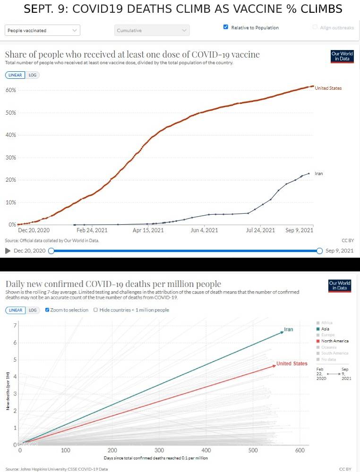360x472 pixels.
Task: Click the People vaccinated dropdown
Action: (43, 30)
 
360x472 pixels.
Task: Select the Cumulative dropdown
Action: (152, 30)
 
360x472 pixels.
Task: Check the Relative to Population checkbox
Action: (226, 27)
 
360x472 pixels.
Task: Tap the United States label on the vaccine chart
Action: (328, 88)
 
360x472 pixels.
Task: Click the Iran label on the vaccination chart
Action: (319, 174)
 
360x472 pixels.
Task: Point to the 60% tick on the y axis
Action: (10, 90)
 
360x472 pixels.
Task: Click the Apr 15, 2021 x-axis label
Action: (148, 230)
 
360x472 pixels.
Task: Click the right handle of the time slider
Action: (319, 251)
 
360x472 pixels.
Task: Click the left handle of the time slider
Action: (51, 251)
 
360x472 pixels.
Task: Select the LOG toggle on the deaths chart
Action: (32, 310)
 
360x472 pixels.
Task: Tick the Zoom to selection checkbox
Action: (48, 310)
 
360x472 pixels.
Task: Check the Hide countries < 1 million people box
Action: (96, 310)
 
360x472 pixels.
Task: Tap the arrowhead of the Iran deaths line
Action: (282, 332)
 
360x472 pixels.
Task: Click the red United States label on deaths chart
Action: (292, 363)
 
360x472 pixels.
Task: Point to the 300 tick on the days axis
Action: (159, 451)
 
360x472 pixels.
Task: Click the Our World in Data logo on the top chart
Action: (341, 56)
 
